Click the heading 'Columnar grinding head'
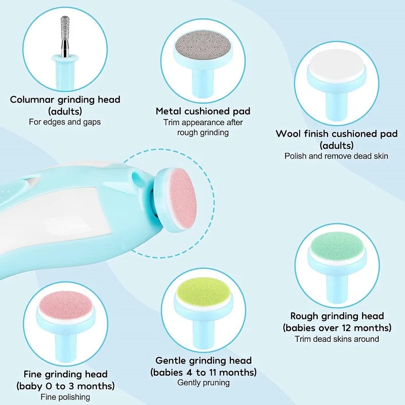point(65,99)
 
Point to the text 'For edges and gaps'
point(65,121)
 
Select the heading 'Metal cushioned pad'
point(203,111)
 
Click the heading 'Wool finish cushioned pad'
point(336,134)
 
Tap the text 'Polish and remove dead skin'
point(336,156)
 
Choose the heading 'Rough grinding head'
point(337,316)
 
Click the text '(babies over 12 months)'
point(337,327)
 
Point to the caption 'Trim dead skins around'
point(337,339)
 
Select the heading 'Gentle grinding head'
point(203,360)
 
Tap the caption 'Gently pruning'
point(203,383)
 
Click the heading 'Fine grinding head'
point(65,375)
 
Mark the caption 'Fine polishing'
point(65,397)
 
